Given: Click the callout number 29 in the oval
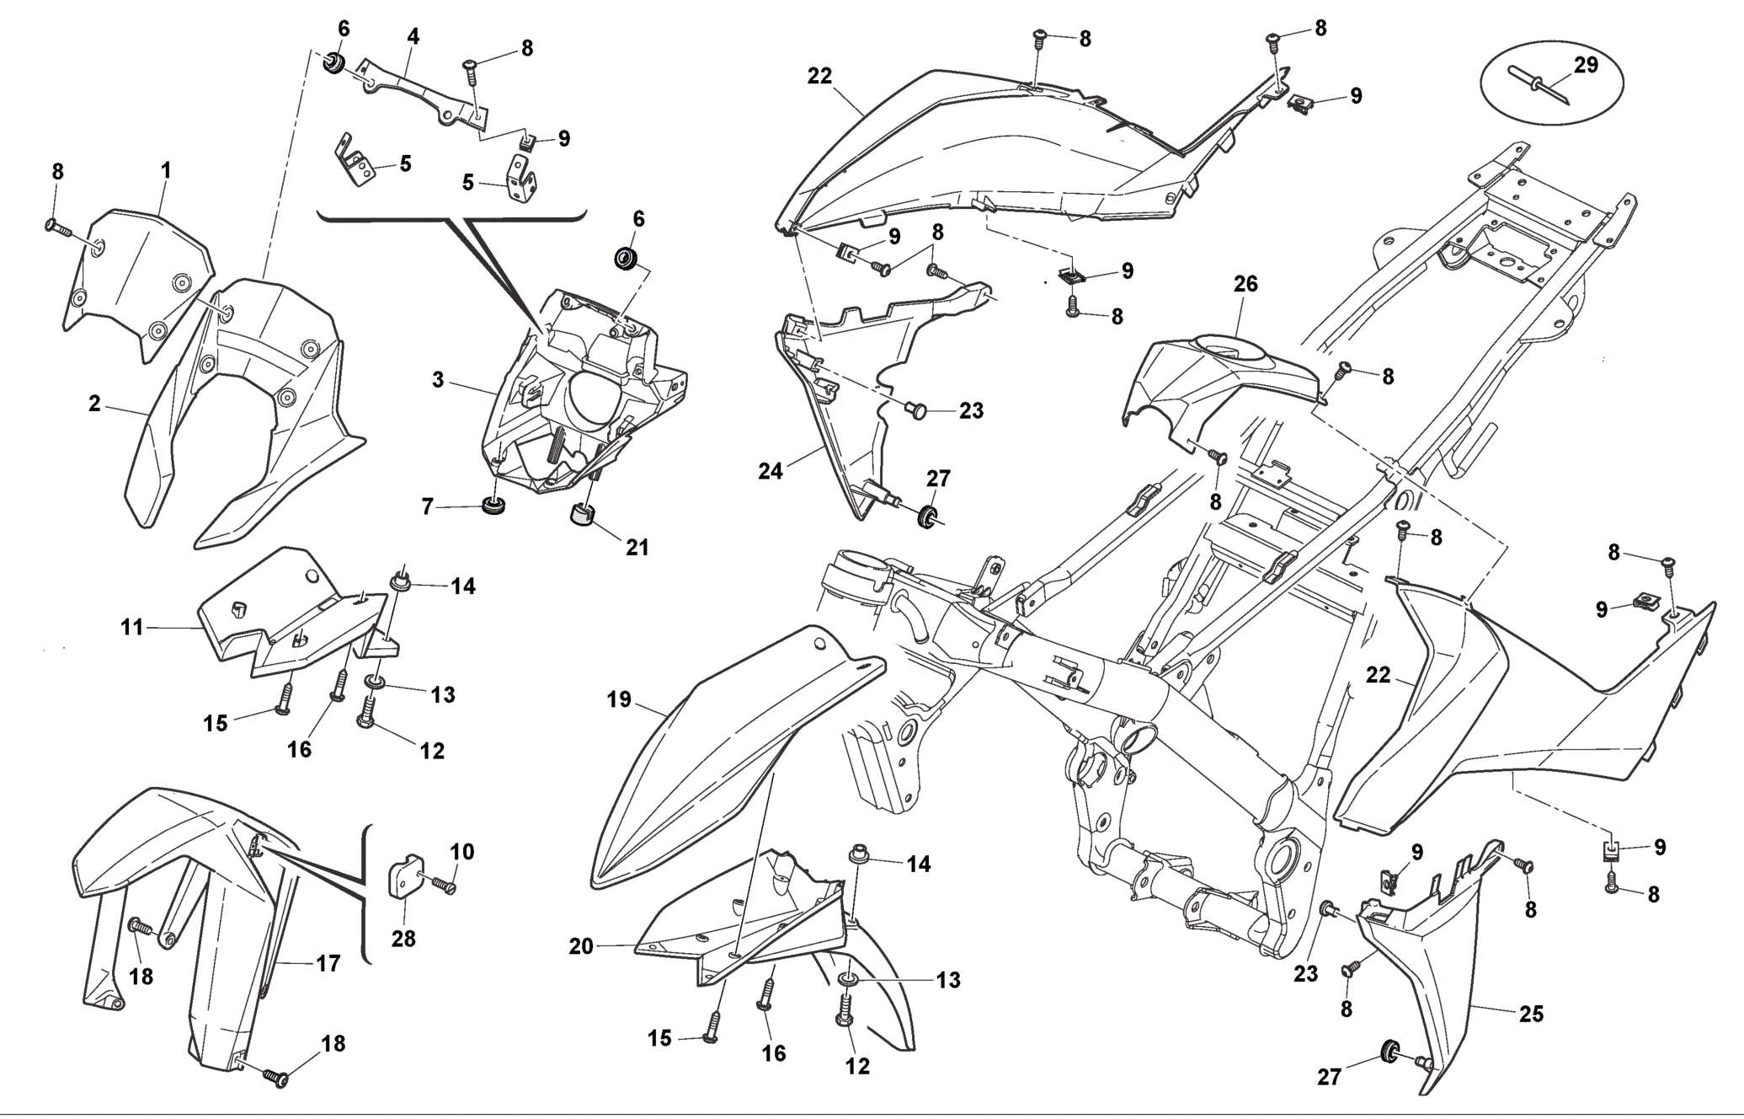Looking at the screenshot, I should click(1586, 65).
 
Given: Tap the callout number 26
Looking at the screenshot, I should click(1245, 284).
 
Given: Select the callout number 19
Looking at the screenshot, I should click(619, 699).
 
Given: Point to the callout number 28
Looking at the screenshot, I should click(403, 938).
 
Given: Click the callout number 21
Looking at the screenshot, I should click(637, 547).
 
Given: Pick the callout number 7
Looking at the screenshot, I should click(427, 506).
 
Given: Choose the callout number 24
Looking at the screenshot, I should click(770, 471).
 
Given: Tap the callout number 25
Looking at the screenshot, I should click(1531, 1015).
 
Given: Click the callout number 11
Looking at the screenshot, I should click(132, 627).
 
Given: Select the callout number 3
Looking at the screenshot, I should click(438, 380).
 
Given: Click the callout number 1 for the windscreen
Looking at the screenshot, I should click(166, 170).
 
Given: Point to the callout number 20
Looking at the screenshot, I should click(581, 946).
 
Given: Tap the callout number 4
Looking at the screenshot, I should click(413, 36).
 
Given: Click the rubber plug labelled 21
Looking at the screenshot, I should click(582, 514).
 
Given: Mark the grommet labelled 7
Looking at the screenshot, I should click(492, 506).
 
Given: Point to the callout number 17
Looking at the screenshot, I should click(328, 963).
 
